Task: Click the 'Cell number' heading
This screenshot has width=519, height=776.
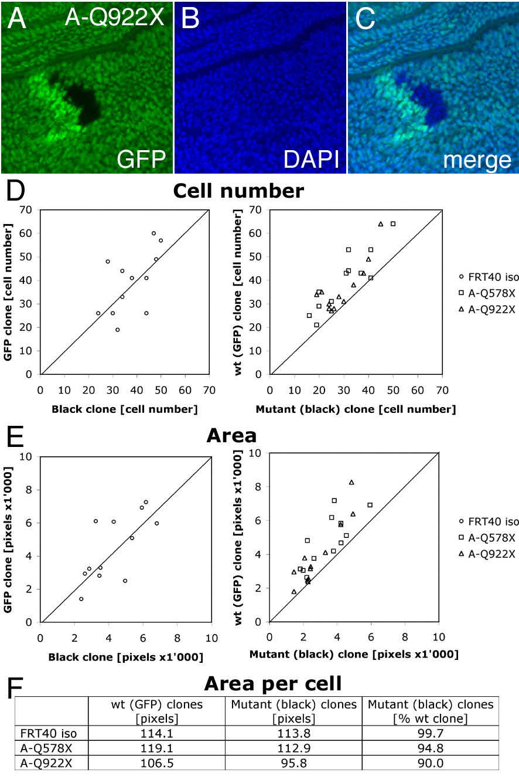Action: pyautogui.click(x=238, y=191)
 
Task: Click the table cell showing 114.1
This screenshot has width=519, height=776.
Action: pyautogui.click(x=157, y=733)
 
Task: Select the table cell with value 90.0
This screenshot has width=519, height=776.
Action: pyautogui.click(x=431, y=763)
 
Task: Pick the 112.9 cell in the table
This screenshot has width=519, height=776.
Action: pyautogui.click(x=293, y=748)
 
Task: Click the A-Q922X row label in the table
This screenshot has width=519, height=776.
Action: pyautogui.click(x=46, y=763)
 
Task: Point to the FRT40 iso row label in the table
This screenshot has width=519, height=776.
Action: pyautogui.click(x=49, y=733)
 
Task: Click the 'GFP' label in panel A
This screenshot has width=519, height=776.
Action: pyautogui.click(x=141, y=159)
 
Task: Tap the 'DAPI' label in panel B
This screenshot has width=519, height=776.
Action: pyautogui.click(x=311, y=159)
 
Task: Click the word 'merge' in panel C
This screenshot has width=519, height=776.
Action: pyautogui.click(x=477, y=160)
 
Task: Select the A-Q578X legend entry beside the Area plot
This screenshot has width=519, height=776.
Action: pyautogui.click(x=487, y=538)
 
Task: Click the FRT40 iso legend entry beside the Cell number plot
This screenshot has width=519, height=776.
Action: pyautogui.click(x=489, y=277)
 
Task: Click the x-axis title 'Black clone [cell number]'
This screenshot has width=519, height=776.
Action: pyautogui.click(x=125, y=409)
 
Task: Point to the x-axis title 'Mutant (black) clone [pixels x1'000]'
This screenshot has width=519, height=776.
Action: pyautogui.click(x=354, y=655)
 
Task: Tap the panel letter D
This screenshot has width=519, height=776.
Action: pyautogui.click(x=16, y=191)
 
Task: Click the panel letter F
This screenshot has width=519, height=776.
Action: pyautogui.click(x=15, y=687)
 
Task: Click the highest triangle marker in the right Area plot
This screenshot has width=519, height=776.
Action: pyautogui.click(x=351, y=482)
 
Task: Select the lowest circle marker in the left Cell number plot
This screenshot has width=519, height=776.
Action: pyautogui.click(x=118, y=330)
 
